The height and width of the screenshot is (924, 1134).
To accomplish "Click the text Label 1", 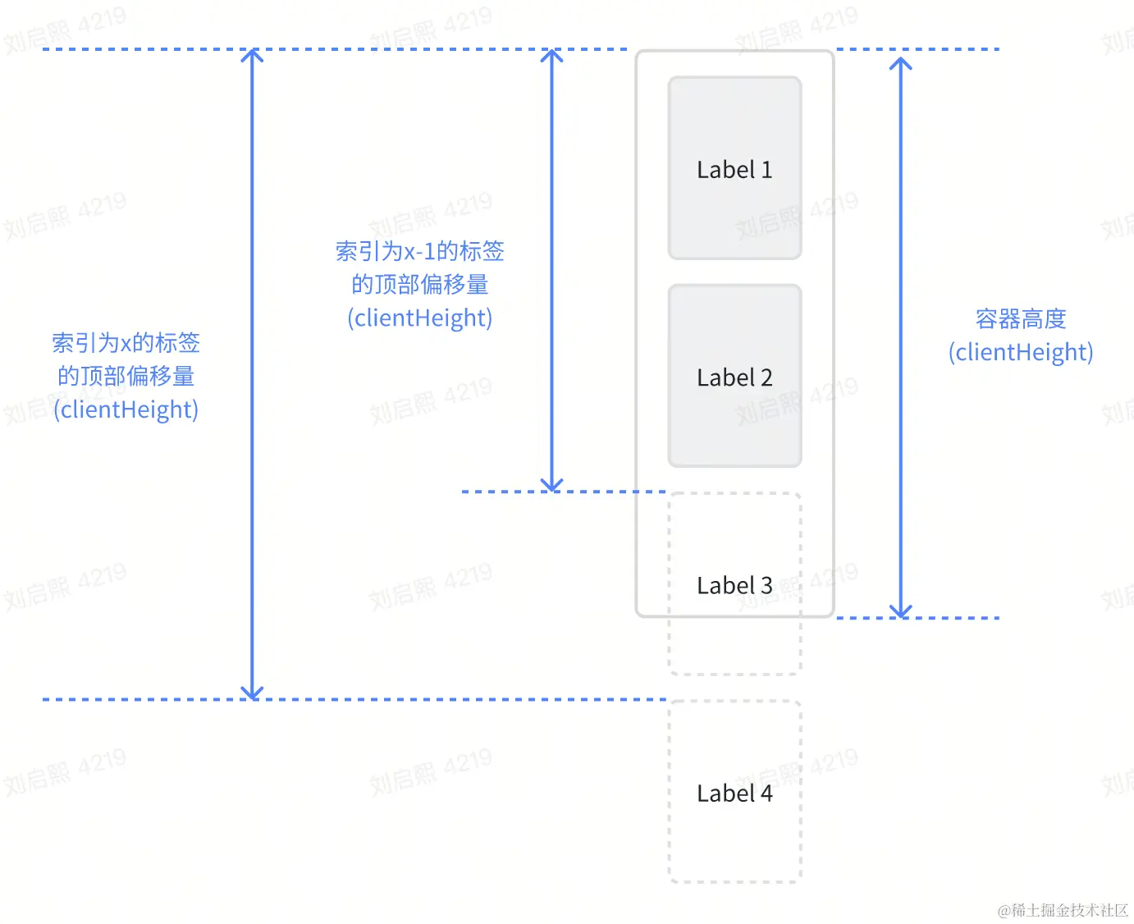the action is [x=734, y=170].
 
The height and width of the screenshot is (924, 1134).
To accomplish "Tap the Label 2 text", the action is [x=734, y=377].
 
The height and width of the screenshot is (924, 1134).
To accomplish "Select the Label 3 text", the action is [x=734, y=585].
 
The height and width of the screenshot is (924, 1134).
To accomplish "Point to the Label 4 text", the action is [x=734, y=794].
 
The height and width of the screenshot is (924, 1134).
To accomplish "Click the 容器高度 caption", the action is [x=1021, y=318].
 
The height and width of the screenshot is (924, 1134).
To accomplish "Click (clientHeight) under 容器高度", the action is [x=1021, y=352].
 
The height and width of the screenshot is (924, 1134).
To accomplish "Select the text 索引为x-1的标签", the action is [x=419, y=251].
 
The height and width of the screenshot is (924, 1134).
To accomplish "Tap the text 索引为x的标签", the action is [x=126, y=342].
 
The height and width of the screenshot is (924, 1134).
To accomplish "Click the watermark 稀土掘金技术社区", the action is [x=1063, y=910].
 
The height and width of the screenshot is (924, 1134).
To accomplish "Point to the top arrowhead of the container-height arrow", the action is [x=901, y=62].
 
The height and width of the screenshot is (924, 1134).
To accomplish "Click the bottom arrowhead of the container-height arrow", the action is [x=901, y=612].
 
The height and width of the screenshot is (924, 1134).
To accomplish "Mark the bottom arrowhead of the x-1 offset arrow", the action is [x=552, y=486].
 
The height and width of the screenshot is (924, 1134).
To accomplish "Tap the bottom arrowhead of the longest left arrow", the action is [x=252, y=693].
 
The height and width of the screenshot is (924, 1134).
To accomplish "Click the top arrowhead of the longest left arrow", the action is [x=252, y=54].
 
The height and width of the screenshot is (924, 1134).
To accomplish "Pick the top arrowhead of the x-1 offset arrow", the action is [x=552, y=54].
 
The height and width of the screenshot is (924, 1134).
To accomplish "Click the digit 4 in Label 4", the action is [x=766, y=794].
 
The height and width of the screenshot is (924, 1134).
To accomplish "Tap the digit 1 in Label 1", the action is [x=767, y=170].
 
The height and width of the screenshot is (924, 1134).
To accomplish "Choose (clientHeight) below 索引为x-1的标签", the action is [x=419, y=318].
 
